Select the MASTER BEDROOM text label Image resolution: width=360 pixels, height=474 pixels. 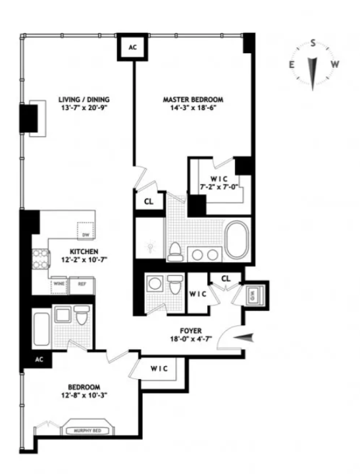193,100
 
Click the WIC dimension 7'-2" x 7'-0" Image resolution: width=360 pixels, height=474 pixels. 217,188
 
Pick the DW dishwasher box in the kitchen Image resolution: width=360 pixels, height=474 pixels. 85,234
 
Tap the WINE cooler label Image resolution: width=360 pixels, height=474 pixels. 58,284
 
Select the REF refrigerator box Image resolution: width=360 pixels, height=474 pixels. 82,284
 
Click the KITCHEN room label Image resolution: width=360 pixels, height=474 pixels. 86,251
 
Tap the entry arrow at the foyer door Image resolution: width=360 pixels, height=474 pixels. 243,337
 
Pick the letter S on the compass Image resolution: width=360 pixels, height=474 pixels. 314,43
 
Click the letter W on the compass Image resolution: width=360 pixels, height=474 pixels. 335,64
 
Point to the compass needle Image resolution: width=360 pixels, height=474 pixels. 314,71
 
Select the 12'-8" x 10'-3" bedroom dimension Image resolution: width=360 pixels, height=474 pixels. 84,396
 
